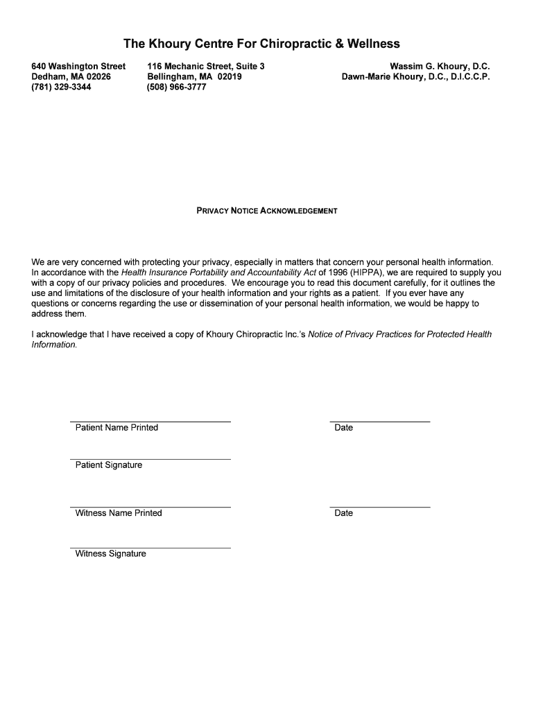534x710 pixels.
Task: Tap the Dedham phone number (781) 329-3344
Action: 61,87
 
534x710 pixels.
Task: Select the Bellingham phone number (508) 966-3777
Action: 176,87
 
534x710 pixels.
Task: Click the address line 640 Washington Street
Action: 78,67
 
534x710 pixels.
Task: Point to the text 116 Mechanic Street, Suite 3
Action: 206,67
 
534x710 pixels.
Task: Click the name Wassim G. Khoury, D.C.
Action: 440,67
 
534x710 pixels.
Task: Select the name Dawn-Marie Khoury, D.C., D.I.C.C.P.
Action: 415,77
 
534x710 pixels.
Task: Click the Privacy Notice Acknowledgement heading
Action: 267,211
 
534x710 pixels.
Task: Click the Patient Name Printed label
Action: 117,428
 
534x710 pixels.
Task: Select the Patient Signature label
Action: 109,465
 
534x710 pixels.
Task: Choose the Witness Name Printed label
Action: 119,513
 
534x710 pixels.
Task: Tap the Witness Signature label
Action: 111,554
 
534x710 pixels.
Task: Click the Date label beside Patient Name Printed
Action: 343,428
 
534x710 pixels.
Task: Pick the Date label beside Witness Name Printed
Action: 343,513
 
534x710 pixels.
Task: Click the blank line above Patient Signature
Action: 150,458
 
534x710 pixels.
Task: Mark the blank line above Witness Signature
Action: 150,547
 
